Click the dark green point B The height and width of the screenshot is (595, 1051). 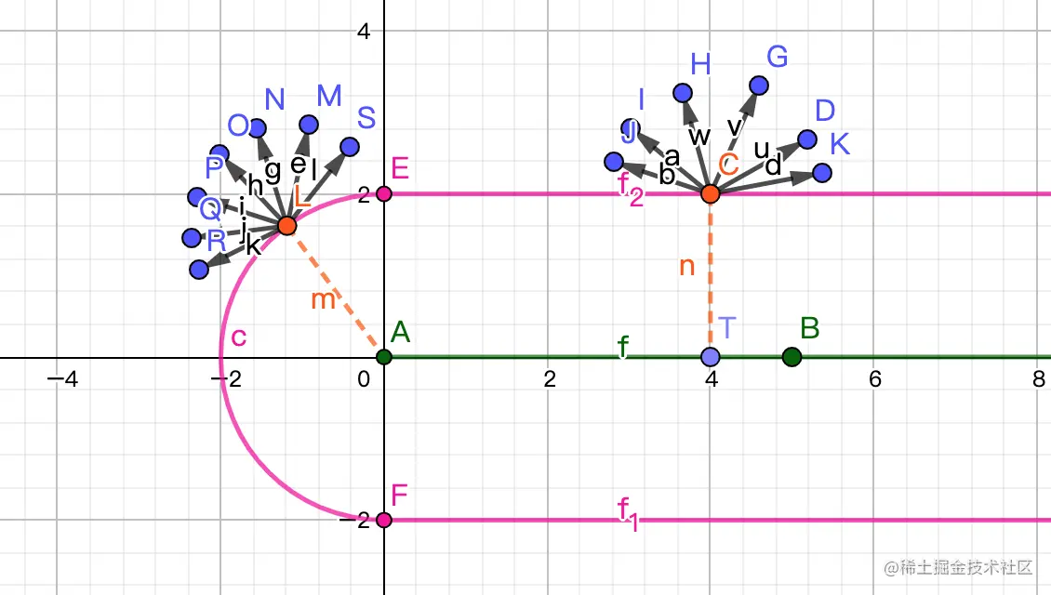[792, 357]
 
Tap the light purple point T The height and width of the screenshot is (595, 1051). [711, 357]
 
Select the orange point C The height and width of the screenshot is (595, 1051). [711, 193]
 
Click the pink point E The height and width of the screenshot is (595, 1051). [384, 193]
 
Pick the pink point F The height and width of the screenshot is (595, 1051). [384, 520]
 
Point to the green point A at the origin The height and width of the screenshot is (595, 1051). [384, 357]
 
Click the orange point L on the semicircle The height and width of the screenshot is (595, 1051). [286, 226]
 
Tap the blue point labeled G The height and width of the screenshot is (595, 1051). [759, 86]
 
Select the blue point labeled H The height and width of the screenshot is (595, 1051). [682, 92]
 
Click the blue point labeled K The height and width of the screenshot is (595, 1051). [821, 173]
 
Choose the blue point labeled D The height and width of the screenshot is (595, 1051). [807, 139]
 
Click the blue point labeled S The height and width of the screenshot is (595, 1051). [350, 146]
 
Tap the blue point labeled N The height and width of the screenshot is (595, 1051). [258, 128]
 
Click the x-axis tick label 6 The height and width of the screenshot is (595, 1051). [874, 379]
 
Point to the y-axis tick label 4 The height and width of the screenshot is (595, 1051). [365, 31]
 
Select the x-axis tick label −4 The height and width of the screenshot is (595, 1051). [60, 379]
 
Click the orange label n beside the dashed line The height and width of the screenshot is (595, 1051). [687, 267]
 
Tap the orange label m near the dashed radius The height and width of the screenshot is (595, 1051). [323, 300]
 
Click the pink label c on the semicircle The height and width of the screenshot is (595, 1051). [238, 337]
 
